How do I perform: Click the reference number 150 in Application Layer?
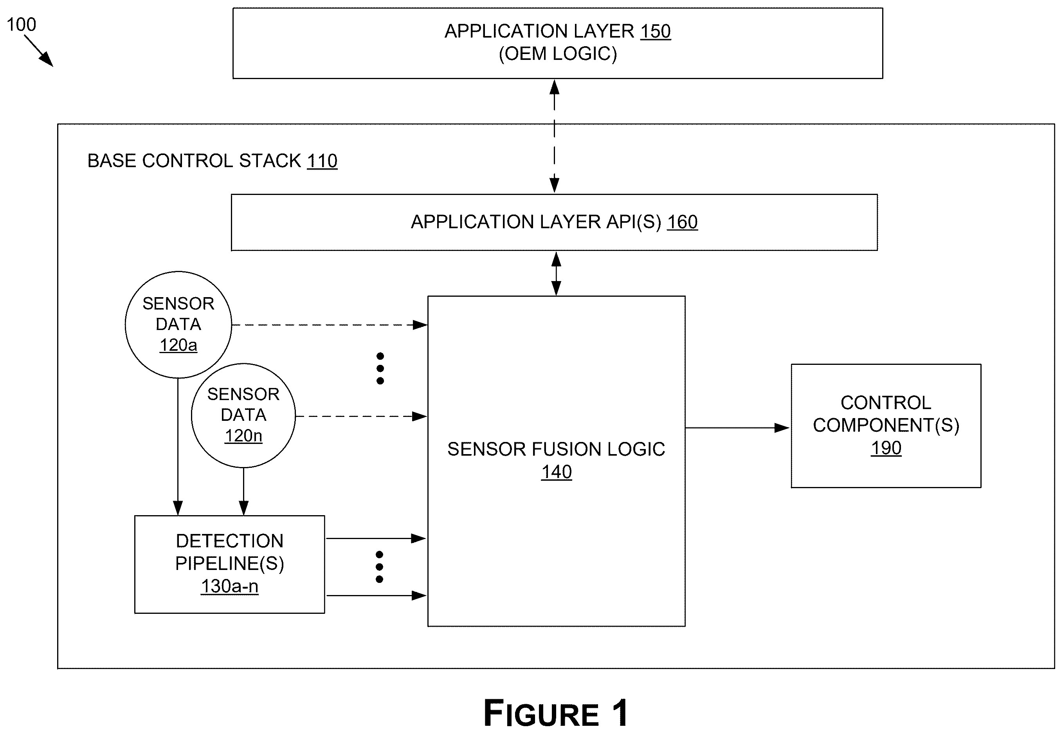(x=655, y=31)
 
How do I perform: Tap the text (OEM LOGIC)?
(x=558, y=54)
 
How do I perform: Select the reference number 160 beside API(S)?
(x=682, y=222)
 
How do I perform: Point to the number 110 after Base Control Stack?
(x=322, y=161)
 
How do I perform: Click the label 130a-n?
(x=229, y=586)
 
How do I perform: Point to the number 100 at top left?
(x=21, y=24)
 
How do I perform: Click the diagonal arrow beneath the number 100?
(x=39, y=51)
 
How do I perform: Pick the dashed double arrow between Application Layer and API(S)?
(x=555, y=136)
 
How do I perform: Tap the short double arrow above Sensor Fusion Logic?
(x=556, y=274)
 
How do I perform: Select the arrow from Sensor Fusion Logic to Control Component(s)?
(x=737, y=428)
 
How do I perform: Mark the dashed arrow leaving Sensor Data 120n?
(x=361, y=416)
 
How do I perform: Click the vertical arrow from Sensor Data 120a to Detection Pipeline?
(x=178, y=447)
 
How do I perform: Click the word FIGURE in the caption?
(x=541, y=713)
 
